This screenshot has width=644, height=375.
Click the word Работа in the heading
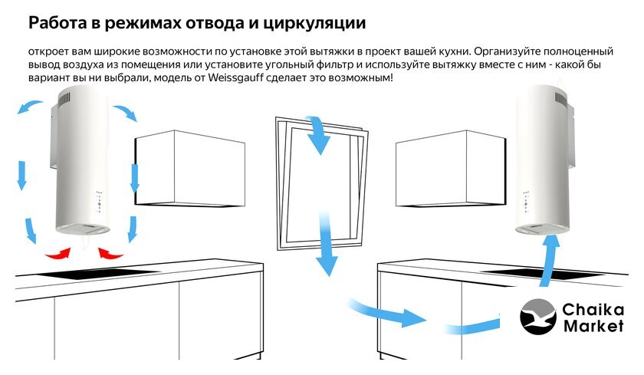click(58, 22)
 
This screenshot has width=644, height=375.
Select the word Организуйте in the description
click(507, 51)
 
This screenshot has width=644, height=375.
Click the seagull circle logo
click(538, 317)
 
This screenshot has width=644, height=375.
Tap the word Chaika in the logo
click(593, 309)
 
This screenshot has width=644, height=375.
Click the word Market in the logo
click(593, 326)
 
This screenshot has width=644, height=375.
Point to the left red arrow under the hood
click(58, 254)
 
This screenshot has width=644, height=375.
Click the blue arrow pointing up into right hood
click(548, 261)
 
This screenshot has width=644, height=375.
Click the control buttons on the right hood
click(525, 203)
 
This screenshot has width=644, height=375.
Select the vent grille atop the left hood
click(64, 100)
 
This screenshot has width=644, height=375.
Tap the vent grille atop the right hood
click(560, 97)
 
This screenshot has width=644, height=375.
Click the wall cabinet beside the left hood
click(190, 169)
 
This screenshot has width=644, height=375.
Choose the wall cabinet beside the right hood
click(451, 169)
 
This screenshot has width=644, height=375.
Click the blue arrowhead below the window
click(327, 266)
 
